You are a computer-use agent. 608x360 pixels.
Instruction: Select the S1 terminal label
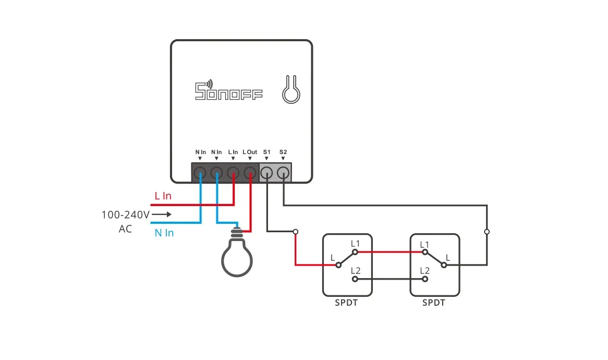[266, 152]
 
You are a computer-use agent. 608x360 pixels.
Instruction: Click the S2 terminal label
[283, 152]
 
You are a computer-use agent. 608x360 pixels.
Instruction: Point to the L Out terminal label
[250, 152]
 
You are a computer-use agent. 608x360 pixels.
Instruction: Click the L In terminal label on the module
[233, 152]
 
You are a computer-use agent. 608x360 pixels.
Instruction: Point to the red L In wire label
[163, 196]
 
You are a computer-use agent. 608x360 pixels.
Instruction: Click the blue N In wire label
[164, 233]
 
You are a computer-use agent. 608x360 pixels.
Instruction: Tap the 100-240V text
[125, 214]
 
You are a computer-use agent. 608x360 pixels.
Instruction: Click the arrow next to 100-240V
[162, 214]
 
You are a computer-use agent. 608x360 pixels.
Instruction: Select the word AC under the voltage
[125, 229]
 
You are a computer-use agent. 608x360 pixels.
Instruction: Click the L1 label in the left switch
[356, 244]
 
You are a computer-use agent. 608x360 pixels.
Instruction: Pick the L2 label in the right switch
[424, 270]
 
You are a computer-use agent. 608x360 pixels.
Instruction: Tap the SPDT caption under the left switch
[347, 303]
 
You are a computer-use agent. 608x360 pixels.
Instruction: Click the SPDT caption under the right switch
[434, 303]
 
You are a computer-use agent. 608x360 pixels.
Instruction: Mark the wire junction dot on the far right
[487, 231]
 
